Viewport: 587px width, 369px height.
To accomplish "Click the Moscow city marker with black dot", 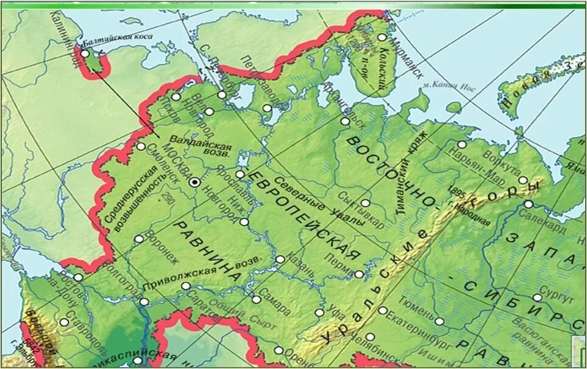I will (x=194, y=182).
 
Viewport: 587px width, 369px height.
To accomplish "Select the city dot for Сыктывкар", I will (x=365, y=203).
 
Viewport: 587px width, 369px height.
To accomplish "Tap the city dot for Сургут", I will (x=537, y=298).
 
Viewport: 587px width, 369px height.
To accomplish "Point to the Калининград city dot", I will (x=84, y=54).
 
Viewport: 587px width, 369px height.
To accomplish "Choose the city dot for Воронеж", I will (x=139, y=239).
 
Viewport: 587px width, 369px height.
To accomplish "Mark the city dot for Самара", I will (x=257, y=299).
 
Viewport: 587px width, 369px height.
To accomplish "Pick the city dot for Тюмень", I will (x=439, y=321).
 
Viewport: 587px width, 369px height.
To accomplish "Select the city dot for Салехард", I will (x=528, y=204).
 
